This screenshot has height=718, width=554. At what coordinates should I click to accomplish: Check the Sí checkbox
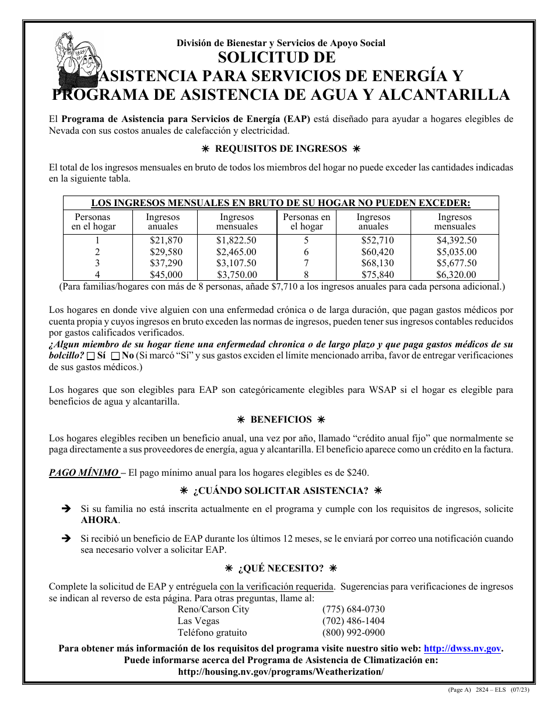[x=90, y=355]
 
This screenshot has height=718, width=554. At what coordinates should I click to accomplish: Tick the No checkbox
[x=115, y=355]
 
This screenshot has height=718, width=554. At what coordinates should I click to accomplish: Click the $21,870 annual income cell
[x=166, y=241]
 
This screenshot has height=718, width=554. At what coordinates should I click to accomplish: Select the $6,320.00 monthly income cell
[x=456, y=275]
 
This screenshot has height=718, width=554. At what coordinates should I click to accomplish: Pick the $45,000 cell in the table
[x=166, y=275]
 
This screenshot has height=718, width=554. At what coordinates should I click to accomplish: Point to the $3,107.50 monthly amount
[x=236, y=263]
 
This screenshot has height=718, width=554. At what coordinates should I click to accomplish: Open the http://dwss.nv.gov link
[x=462, y=649]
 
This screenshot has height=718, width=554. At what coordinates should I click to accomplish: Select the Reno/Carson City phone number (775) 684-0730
[x=353, y=609]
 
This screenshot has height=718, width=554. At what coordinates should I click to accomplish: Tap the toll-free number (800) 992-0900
[x=353, y=633]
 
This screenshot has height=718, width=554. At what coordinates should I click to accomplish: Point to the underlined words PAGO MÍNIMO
[x=84, y=473]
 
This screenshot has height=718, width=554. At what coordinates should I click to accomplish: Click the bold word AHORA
[x=99, y=520]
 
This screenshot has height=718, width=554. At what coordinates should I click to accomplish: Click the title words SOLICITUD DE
[x=277, y=58]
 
